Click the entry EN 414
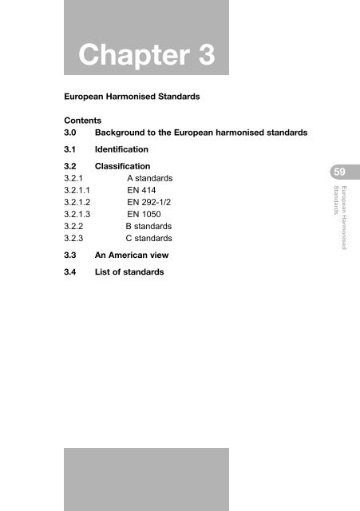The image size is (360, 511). pyautogui.click(x=141, y=191)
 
